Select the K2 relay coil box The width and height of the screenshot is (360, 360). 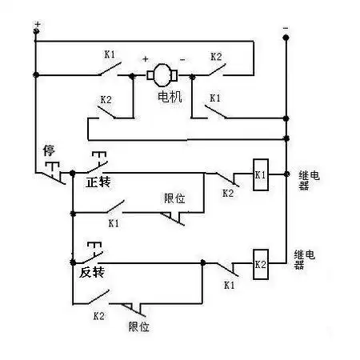(260, 264)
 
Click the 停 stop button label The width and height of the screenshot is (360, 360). (47, 150)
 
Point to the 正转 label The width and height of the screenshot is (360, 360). (98, 183)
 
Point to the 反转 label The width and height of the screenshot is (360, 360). (93, 273)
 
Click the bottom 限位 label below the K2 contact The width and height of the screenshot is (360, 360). (139, 326)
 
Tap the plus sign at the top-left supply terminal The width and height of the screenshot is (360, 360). (37, 26)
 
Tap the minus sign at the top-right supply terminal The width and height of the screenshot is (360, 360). (286, 28)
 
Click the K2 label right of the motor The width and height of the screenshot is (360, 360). (215, 58)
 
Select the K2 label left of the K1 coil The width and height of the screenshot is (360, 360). (227, 193)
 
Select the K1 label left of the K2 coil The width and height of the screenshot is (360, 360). (228, 284)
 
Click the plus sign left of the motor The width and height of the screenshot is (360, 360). (146, 58)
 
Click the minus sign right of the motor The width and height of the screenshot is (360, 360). (182, 58)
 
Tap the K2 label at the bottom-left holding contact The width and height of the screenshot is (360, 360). (98, 316)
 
